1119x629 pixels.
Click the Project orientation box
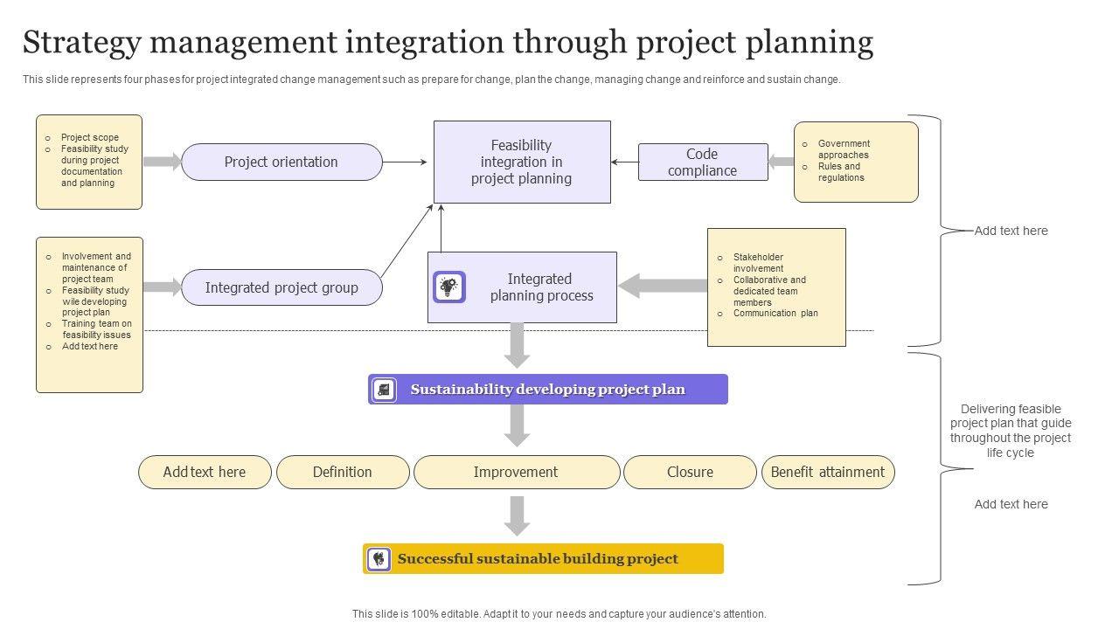(281, 162)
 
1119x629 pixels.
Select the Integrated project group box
(281, 287)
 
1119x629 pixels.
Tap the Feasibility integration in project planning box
(522, 162)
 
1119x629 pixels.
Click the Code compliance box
(703, 162)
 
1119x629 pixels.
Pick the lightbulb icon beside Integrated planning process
(449, 287)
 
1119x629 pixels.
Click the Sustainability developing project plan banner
(548, 390)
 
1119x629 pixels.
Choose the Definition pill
(343, 472)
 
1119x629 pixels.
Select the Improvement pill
(516, 472)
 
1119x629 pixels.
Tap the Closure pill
(690, 472)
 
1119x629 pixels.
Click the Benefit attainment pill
(828, 472)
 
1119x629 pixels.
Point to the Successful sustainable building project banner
(543, 559)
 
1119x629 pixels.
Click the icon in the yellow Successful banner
(379, 559)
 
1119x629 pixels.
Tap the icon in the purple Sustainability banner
(384, 390)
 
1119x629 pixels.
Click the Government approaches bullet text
(844, 149)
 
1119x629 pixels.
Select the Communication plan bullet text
(775, 313)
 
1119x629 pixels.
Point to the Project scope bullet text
(90, 137)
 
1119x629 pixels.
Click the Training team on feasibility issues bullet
(96, 329)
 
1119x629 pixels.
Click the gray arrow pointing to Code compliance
(781, 162)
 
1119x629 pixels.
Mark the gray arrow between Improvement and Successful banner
(518, 515)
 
